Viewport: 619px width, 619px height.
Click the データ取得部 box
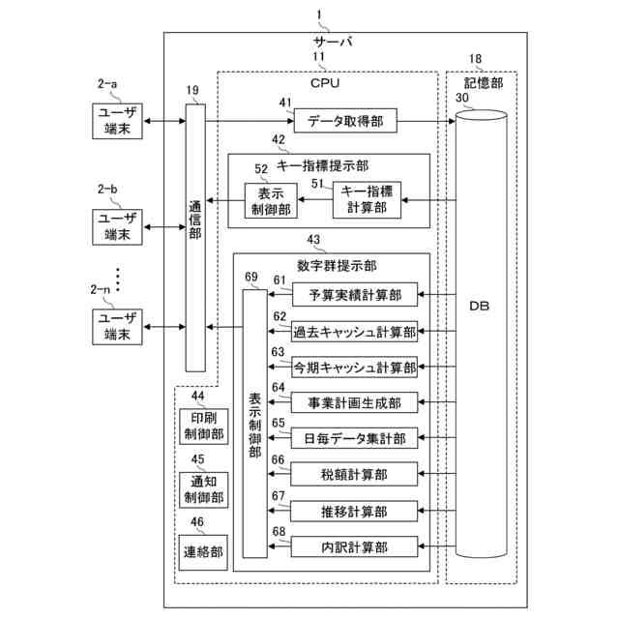click(344, 122)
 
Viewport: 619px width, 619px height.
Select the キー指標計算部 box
click(367, 200)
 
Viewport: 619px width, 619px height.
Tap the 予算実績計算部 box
click(355, 294)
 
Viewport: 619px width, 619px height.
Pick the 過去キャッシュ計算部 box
click(355, 331)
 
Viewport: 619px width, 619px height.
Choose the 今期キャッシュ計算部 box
click(355, 368)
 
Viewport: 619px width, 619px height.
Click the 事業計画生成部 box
click(355, 401)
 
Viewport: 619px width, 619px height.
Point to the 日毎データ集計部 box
click(355, 437)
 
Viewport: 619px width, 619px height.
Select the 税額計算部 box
click(355, 473)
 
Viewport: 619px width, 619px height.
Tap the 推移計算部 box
click(355, 510)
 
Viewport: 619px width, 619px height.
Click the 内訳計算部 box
click(355, 546)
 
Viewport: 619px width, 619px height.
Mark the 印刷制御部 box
click(203, 427)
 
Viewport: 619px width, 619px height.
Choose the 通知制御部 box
click(203, 489)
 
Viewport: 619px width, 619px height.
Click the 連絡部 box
click(203, 552)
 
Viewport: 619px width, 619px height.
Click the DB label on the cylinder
click(478, 307)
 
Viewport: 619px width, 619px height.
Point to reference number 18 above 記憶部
click(475, 59)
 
